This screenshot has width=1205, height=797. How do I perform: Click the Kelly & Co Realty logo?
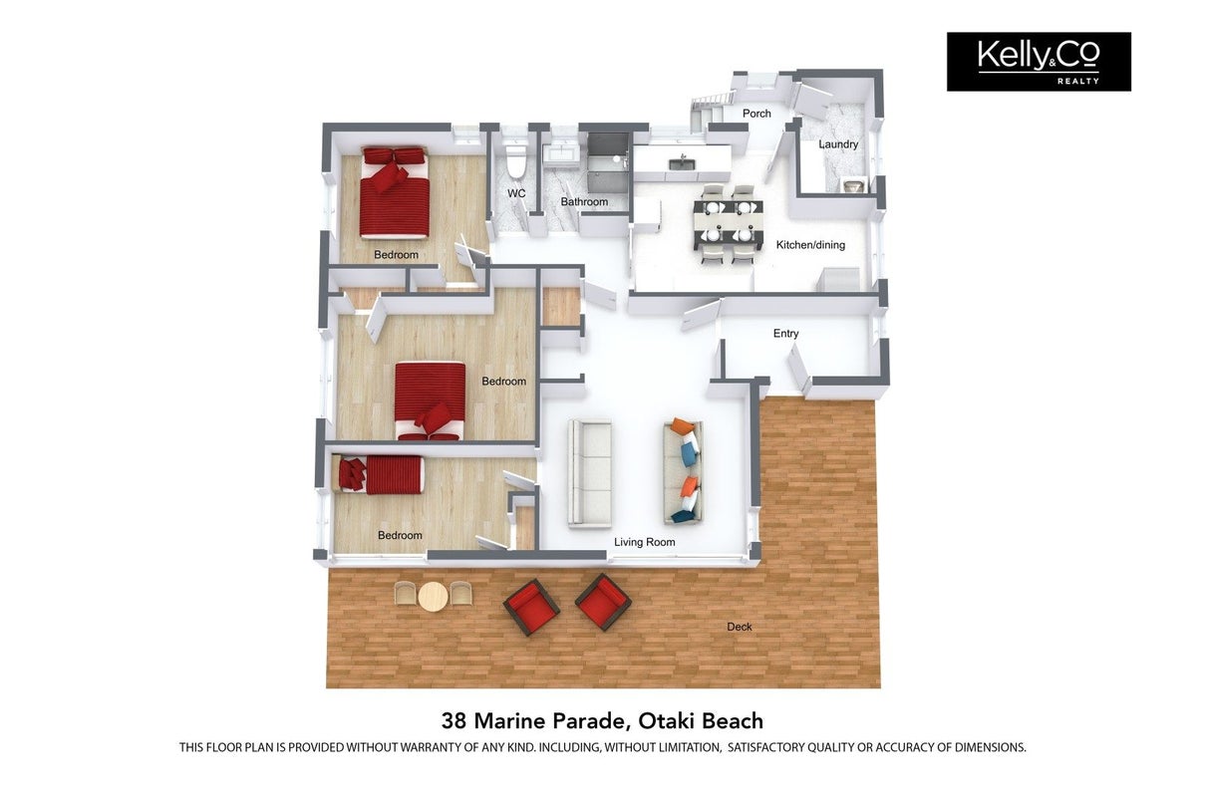[1039, 62]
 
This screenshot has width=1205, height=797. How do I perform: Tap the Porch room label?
[756, 114]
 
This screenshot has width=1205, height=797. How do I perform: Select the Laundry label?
[838, 144]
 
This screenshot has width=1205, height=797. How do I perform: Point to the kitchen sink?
[682, 162]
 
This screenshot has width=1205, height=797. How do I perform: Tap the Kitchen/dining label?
[810, 245]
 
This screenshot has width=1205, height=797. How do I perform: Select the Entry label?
[785, 334]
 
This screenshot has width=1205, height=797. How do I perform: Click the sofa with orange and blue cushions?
[683, 471]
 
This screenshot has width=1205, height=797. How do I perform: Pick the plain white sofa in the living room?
[590, 473]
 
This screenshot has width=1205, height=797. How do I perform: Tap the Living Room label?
[645, 542]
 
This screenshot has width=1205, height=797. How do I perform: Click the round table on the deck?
[433, 597]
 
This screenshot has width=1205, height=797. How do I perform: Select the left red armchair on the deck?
[531, 607]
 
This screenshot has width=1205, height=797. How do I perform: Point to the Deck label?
[740, 627]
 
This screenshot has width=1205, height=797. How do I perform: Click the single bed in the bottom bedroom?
[381, 474]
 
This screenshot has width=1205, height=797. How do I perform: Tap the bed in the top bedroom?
[396, 192]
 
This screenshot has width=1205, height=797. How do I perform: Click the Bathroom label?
[584, 201]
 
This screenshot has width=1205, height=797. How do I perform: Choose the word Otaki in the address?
[666, 720]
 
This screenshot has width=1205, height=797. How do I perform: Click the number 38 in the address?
[454, 721]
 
